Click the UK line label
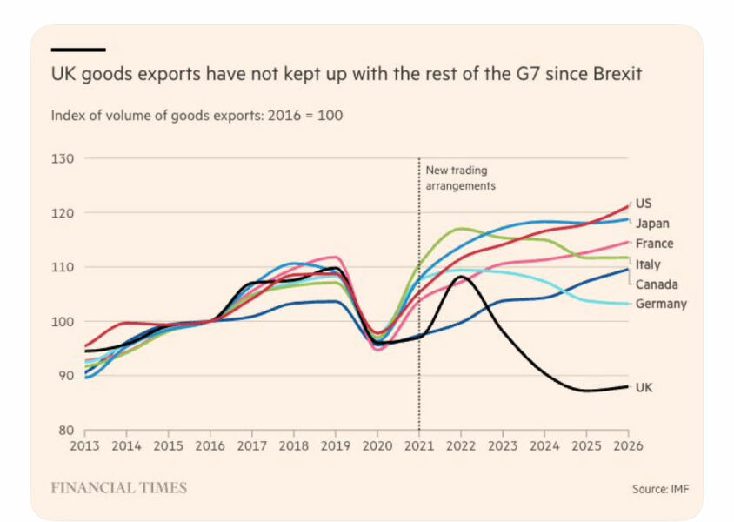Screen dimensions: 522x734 click(x=644, y=388)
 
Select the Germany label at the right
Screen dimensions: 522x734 click(x=661, y=304)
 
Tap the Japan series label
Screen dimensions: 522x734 click(x=651, y=224)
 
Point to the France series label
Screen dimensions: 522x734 click(x=654, y=244)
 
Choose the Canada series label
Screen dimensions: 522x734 click(x=657, y=284)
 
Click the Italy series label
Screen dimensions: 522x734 click(x=648, y=264)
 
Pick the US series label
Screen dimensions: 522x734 click(x=644, y=204)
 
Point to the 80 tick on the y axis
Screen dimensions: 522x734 click(x=66, y=430)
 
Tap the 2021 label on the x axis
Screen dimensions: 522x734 click(x=419, y=446)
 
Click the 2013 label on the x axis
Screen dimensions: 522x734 click(x=84, y=446)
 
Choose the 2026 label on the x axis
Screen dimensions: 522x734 click(x=628, y=446)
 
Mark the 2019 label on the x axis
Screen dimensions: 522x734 click(x=336, y=446)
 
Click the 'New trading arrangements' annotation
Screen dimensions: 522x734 click(x=460, y=178)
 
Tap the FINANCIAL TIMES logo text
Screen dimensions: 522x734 click(x=118, y=488)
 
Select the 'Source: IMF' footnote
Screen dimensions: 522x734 click(x=654, y=489)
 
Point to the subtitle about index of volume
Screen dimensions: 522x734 click(x=197, y=115)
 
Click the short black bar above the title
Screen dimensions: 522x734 click(x=77, y=50)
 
